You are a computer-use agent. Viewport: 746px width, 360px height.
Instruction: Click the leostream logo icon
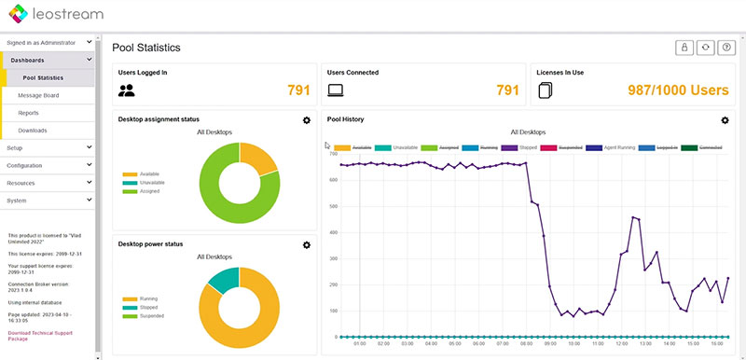pos(19,15)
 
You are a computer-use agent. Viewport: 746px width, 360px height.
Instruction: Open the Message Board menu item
pos(38,95)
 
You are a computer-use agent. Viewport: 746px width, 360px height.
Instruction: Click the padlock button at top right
pos(684,48)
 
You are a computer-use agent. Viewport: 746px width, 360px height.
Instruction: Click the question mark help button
pos(725,48)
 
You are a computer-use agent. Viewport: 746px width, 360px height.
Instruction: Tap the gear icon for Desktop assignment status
pos(307,120)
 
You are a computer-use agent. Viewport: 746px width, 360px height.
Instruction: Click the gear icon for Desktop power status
pos(307,244)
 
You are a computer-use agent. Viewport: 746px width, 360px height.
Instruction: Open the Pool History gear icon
pos(725,120)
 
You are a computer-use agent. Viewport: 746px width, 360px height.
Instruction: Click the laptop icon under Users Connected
pos(337,90)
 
